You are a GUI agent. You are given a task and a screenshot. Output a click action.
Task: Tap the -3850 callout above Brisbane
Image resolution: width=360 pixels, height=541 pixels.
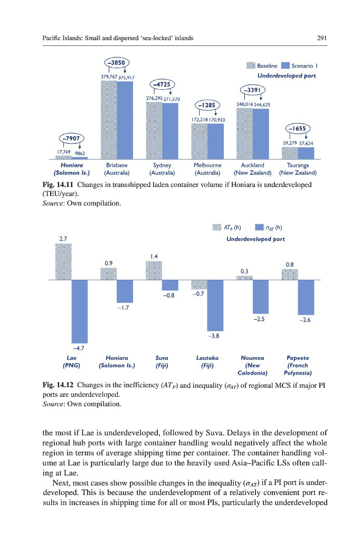117,62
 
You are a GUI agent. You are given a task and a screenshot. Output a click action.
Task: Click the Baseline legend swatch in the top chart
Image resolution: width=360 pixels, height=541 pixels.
250,66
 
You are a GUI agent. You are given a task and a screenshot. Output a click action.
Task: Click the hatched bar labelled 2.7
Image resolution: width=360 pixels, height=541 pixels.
63,262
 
